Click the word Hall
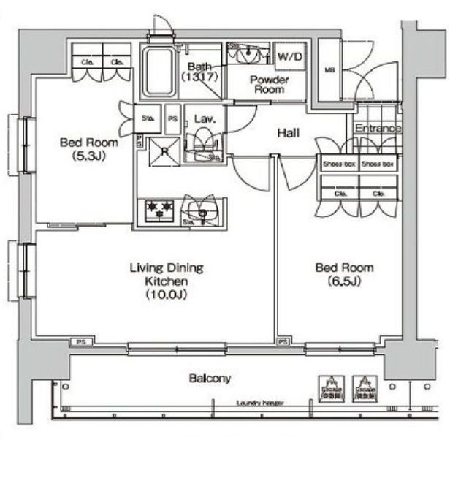289,133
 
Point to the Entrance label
378,129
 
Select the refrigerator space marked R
165,152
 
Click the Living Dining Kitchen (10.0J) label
167,281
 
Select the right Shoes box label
379,164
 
